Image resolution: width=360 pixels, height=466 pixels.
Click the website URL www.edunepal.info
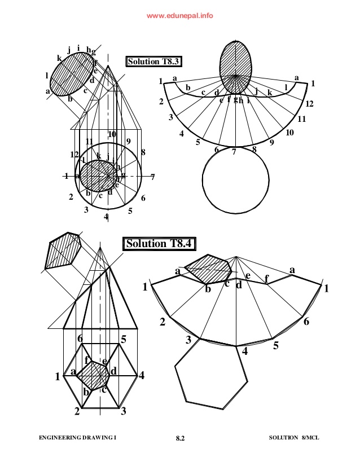pyautogui.click(x=180, y=16)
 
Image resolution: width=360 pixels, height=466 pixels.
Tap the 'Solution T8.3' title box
pyautogui.click(x=154, y=61)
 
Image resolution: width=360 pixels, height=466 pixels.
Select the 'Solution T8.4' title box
pyautogui.click(x=160, y=244)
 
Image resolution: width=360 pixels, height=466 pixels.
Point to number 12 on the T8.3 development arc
pyautogui.click(x=309, y=104)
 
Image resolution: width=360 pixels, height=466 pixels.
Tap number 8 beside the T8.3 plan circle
pyautogui.click(x=143, y=152)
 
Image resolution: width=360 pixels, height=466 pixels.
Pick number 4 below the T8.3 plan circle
pyautogui.click(x=106, y=217)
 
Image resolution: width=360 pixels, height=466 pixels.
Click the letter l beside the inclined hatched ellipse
pyautogui.click(x=47, y=75)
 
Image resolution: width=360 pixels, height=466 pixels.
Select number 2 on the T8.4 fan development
pyautogui.click(x=163, y=322)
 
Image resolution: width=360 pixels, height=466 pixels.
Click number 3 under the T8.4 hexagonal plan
pyautogui.click(x=123, y=411)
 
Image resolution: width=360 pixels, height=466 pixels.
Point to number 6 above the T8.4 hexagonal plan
pyautogui.click(x=80, y=338)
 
